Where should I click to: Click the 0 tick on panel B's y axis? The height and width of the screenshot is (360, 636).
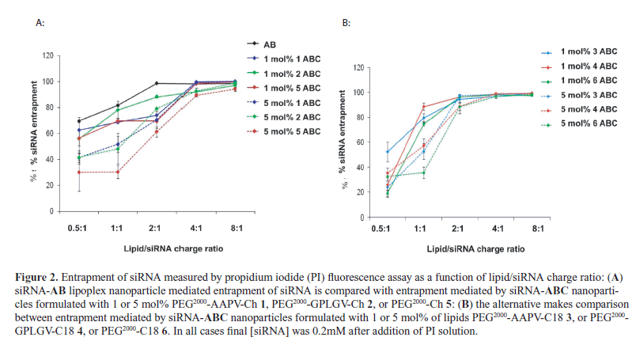[358, 218]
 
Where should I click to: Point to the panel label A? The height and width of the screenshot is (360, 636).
[40, 24]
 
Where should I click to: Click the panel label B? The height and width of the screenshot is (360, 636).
[346, 24]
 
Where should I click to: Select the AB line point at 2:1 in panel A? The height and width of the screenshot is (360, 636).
[157, 83]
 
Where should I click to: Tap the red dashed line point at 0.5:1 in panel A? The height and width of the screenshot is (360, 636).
[79, 172]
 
